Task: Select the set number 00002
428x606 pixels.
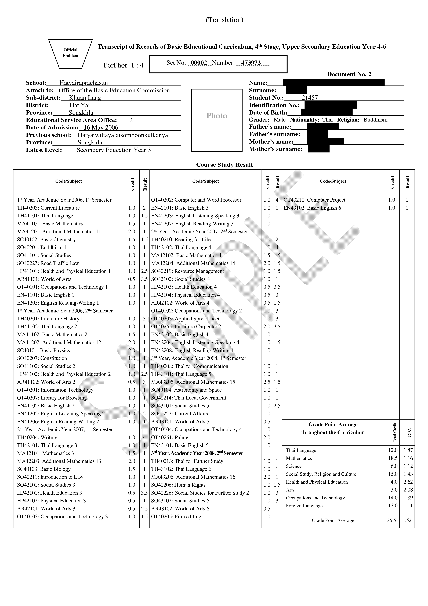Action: point(199,63)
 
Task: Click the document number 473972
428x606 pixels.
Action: point(251,63)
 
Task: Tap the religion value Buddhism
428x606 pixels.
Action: point(376,120)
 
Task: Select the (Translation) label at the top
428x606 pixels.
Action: point(224,20)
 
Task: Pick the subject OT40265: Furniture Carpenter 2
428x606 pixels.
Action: point(186,326)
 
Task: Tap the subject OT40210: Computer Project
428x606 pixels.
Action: point(314,200)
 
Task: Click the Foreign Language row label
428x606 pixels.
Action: point(304,506)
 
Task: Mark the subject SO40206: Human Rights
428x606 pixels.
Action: point(178,485)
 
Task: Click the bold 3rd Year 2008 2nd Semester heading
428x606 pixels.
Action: point(197,453)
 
